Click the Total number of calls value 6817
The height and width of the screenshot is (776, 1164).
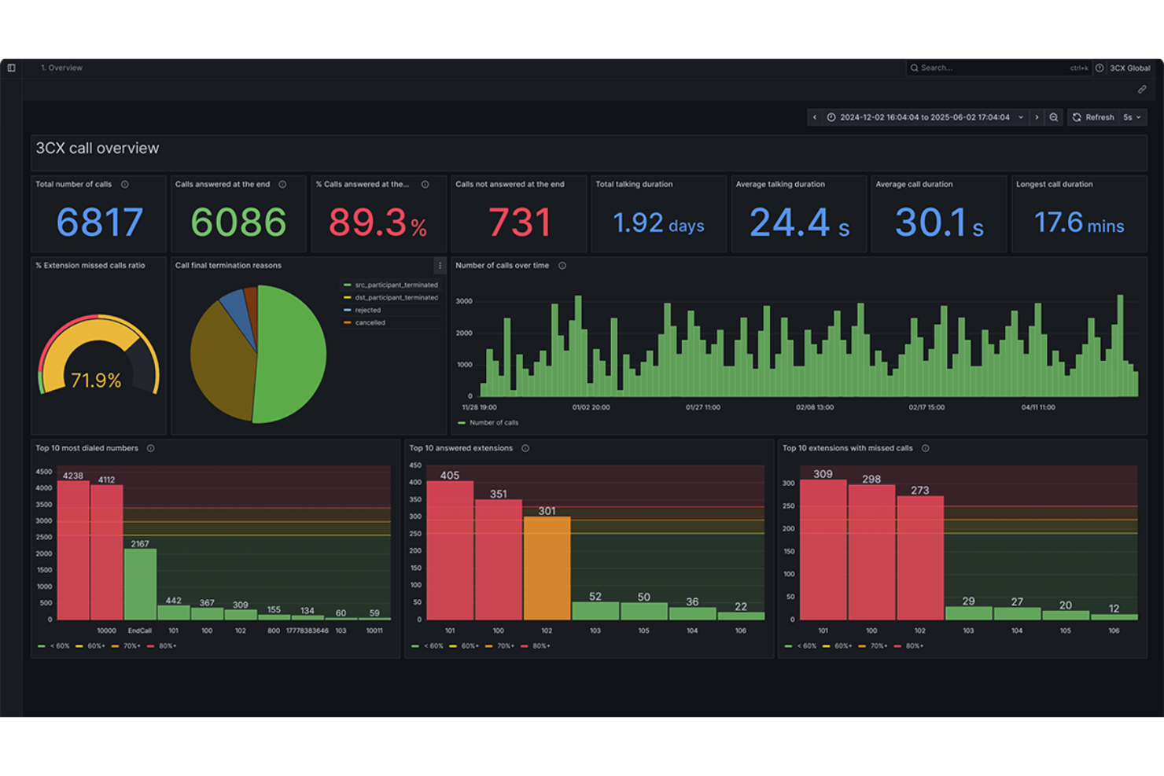[x=99, y=223]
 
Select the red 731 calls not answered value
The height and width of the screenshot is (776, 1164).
[x=519, y=223]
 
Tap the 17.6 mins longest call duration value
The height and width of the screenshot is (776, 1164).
[x=1078, y=223]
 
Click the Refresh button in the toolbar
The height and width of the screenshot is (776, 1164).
[x=1093, y=117]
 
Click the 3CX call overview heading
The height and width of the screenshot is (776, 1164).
[x=98, y=149]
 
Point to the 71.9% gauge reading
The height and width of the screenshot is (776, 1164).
[x=96, y=381]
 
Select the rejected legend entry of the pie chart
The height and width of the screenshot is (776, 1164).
[x=367, y=311]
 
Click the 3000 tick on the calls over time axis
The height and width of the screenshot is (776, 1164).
[x=464, y=302]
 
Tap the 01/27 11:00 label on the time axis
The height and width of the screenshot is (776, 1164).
[x=702, y=408]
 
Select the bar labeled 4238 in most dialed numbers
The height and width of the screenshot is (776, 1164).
[x=73, y=550]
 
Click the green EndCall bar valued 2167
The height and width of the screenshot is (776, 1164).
[x=140, y=583]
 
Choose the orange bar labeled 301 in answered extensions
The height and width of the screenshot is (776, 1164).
[x=547, y=568]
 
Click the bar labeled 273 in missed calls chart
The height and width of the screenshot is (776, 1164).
[x=919, y=557]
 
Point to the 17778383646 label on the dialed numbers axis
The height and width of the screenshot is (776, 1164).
[x=307, y=631]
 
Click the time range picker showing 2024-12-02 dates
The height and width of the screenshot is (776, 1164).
[x=924, y=117]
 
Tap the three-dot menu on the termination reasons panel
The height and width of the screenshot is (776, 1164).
[x=440, y=266]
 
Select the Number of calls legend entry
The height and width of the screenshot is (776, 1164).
[x=493, y=423]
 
